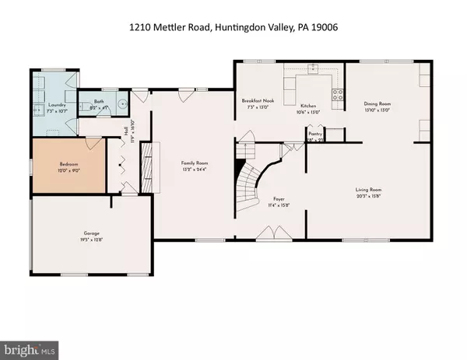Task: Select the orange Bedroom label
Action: [69, 166]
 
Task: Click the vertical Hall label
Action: [125, 130]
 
